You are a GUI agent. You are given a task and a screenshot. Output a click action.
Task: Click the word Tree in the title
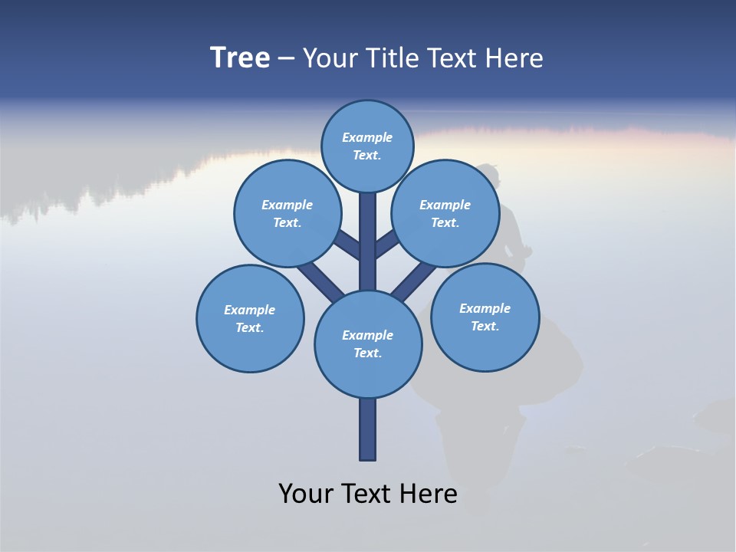pos(240,58)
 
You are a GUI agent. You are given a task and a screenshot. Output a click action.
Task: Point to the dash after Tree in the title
pos(285,59)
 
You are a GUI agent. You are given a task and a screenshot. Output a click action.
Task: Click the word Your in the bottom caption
pos(305,494)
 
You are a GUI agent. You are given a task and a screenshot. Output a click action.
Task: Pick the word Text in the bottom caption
pos(367,494)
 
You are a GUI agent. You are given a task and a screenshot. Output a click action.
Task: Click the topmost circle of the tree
pos(367,146)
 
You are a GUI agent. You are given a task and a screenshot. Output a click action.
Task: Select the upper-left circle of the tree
pos(287,213)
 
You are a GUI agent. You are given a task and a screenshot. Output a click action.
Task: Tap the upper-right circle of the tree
pos(445,213)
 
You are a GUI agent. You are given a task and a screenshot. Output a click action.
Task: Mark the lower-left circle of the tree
pos(250,318)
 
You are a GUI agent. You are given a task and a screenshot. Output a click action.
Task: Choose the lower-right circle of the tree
pos(485,317)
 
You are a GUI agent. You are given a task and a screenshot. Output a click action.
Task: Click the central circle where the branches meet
pos(367,343)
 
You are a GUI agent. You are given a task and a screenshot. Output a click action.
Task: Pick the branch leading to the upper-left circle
pos(347,244)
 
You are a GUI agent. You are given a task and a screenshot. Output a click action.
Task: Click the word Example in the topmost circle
pos(367,138)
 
